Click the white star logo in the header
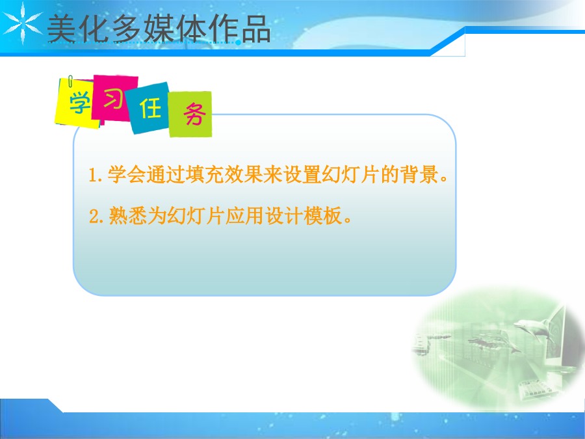(22, 23)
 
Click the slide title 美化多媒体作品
(159, 29)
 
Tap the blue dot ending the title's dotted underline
(238, 42)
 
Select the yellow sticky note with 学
(78, 103)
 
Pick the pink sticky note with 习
(114, 98)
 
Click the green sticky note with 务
(190, 114)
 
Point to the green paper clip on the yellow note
(70, 81)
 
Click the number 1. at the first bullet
(95, 175)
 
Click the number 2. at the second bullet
(96, 216)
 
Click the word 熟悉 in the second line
(127, 216)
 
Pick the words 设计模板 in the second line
(304, 216)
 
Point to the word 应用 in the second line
(244, 216)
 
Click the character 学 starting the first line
(117, 174)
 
